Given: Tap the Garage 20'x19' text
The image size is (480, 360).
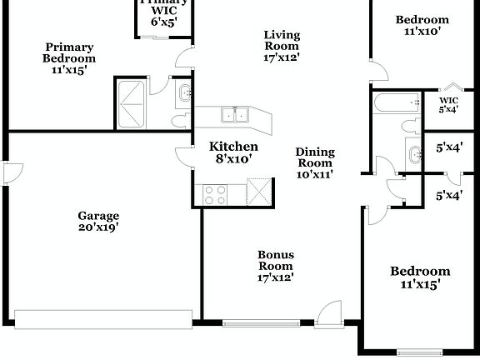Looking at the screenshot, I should click(x=99, y=221).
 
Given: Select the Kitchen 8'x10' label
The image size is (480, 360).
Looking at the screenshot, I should click(x=227, y=152).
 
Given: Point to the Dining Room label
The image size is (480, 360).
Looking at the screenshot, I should click(x=315, y=163).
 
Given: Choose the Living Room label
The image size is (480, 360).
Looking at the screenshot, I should click(x=282, y=46).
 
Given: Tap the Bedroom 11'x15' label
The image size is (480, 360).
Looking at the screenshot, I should click(x=421, y=277).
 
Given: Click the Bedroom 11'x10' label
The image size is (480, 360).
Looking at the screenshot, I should click(x=422, y=25).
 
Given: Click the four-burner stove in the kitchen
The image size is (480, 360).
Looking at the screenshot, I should click(x=214, y=194).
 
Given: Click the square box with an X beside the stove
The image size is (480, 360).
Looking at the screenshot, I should click(x=260, y=191).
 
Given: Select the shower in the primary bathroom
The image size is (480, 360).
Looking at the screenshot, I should click(x=132, y=104).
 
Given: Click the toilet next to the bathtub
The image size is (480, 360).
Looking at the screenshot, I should click(x=408, y=126).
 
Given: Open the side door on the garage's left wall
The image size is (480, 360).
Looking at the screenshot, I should click(x=8, y=172).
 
